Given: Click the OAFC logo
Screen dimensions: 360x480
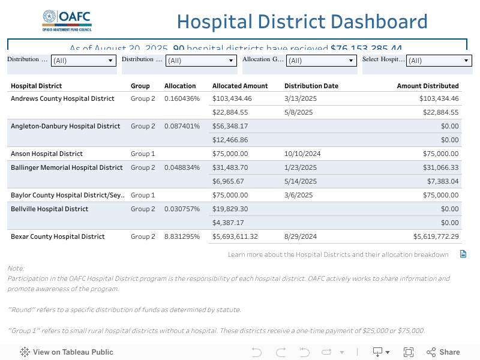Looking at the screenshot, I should pyautogui.click(x=67, y=20).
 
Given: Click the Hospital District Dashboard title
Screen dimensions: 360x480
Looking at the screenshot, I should pyautogui.click(x=302, y=22).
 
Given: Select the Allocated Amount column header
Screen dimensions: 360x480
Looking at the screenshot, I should pyautogui.click(x=240, y=86).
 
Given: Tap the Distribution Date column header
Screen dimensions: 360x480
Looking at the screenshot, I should pyautogui.click(x=311, y=86).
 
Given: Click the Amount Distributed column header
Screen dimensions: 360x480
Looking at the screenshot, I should pyautogui.click(x=428, y=86).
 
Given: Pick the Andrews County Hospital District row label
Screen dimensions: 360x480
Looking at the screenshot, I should pyautogui.click(x=62, y=98).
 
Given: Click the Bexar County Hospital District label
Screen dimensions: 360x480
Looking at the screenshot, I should pyautogui.click(x=58, y=236).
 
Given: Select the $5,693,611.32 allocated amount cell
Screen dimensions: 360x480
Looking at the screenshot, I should pyautogui.click(x=235, y=236).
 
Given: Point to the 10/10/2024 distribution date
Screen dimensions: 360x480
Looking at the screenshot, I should pyautogui.click(x=302, y=154).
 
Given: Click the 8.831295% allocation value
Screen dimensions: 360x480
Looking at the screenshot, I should pyautogui.click(x=182, y=236).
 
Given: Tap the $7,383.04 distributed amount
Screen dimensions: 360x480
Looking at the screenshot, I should pyautogui.click(x=443, y=181).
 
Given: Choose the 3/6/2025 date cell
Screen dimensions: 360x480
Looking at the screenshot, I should pyautogui.click(x=298, y=195).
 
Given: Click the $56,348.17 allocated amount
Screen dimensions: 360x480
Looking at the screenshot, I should pyautogui.click(x=230, y=126).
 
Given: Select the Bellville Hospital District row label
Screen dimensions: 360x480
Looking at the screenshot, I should pyautogui.click(x=49, y=209).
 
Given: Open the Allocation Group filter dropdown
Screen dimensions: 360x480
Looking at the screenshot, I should pyautogui.click(x=321, y=61).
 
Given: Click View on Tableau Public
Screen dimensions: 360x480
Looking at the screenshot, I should pyautogui.click(x=67, y=352).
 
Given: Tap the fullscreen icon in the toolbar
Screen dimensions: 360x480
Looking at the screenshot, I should pyautogui.click(x=409, y=352).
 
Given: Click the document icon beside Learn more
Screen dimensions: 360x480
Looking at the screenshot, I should pyautogui.click(x=463, y=254).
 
